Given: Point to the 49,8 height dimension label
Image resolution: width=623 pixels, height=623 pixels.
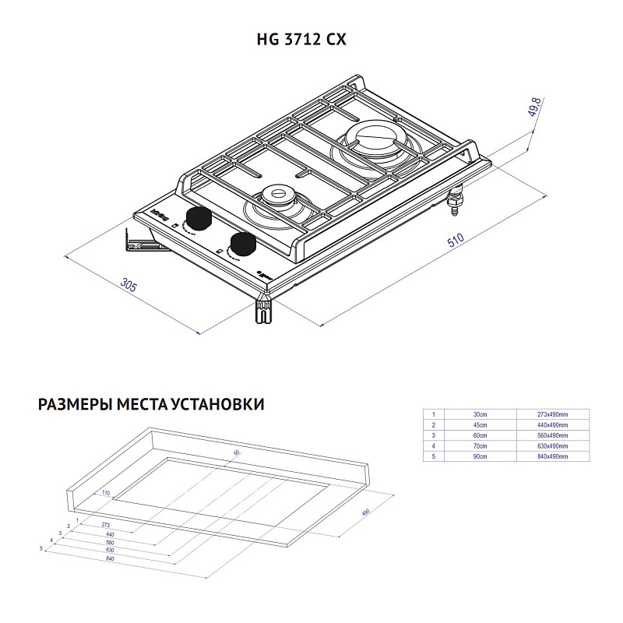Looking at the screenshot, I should [535, 107].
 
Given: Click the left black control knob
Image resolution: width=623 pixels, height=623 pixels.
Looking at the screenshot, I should [197, 220].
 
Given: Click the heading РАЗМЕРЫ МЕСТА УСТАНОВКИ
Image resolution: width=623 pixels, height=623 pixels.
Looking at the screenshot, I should [150, 405].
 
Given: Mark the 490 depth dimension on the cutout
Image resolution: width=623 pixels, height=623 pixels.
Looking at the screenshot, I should [364, 513].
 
